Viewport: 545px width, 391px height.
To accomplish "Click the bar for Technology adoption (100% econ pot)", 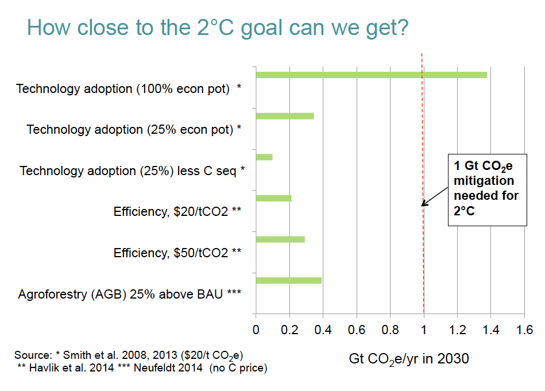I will point(370,75).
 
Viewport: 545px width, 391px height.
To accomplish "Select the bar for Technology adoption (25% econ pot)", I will point(284,116).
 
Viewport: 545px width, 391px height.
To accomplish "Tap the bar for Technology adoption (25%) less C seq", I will point(264,157).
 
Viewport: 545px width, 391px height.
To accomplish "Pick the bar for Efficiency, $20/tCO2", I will point(273,199).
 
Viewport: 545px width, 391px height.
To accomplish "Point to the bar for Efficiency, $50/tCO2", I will point(280,239).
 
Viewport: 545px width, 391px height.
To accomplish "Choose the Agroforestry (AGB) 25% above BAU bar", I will point(288,280).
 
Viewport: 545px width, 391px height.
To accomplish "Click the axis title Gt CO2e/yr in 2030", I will point(409,360).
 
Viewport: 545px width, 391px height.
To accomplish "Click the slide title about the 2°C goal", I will point(218,27).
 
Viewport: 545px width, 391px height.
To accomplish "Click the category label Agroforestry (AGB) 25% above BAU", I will point(129,295).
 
